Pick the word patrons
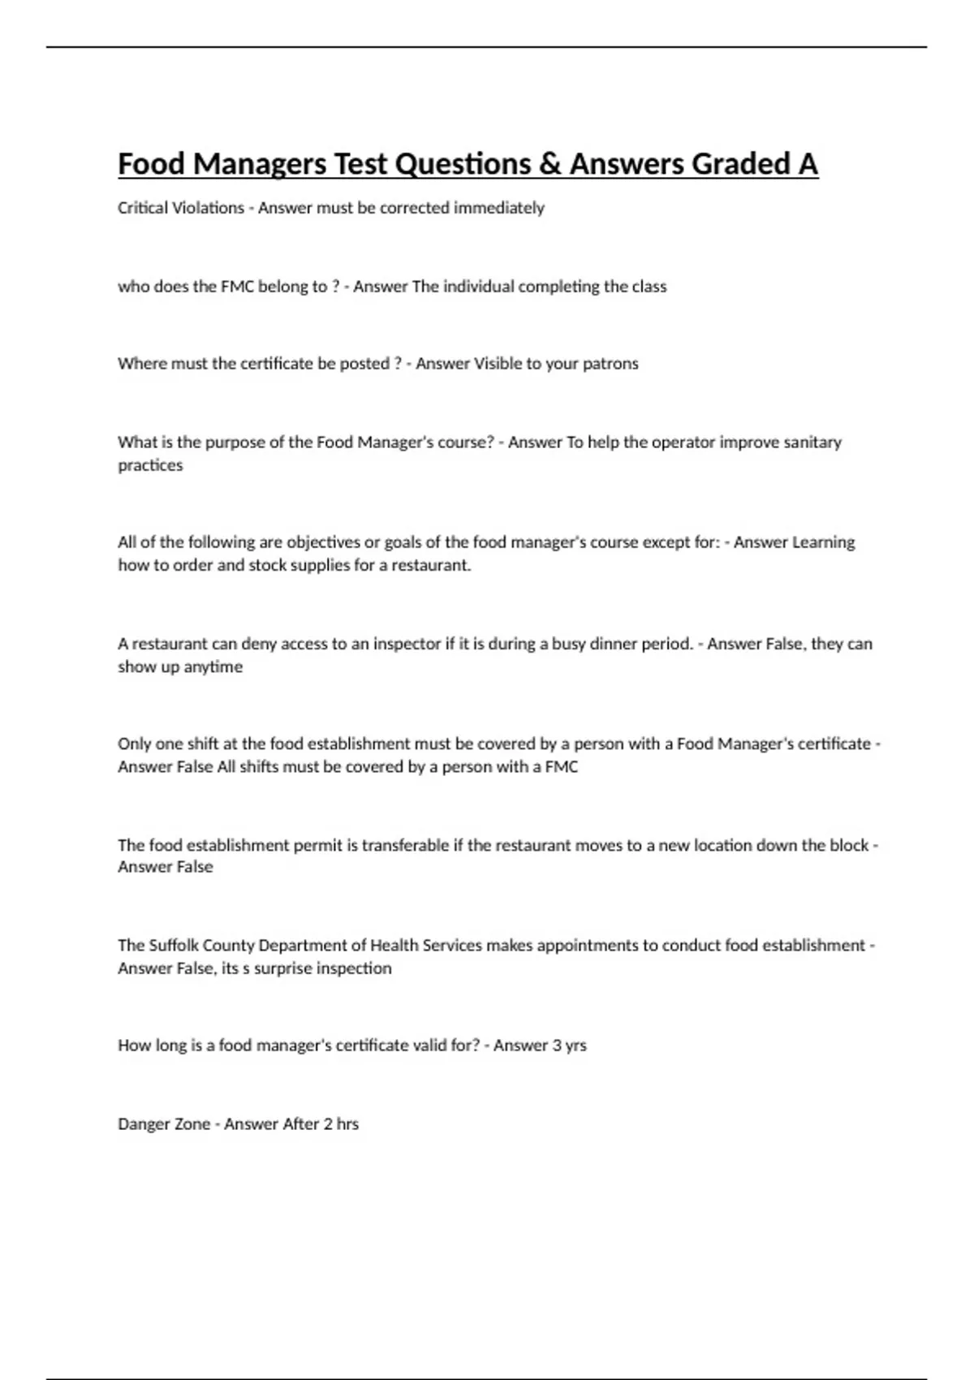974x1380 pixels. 610,364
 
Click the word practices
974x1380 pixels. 150,465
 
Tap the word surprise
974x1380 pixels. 282,968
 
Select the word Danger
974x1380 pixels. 140,1124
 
